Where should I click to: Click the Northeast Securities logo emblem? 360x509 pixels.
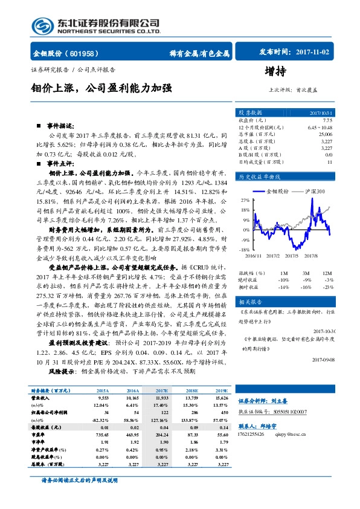(43, 24)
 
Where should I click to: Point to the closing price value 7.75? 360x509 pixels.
(327, 120)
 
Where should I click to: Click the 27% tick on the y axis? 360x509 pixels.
(245, 199)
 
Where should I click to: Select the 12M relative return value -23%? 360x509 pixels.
(328, 286)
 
